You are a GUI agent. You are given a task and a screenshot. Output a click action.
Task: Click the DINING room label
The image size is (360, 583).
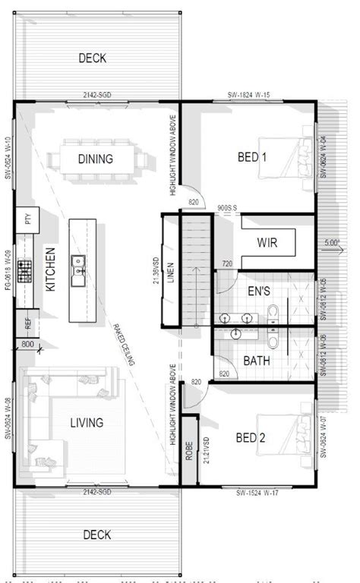[x=96, y=159]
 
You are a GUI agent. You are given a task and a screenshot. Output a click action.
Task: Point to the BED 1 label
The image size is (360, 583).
[x=253, y=158]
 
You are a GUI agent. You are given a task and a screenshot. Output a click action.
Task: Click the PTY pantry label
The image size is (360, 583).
[x=29, y=220]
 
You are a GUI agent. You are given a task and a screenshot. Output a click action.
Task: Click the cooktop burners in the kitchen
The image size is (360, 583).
[x=26, y=269]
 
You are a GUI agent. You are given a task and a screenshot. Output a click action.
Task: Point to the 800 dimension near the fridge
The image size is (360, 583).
[x=28, y=345]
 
